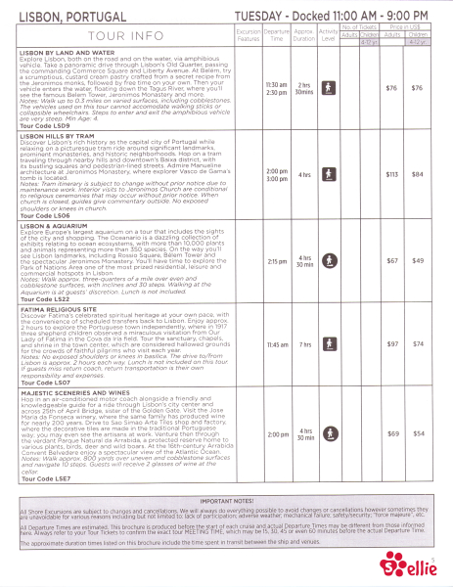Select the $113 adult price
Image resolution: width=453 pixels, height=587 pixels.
coord(393,174)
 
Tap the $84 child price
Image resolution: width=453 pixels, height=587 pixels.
coord(421,174)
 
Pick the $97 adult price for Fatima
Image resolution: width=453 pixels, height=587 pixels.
coord(393,344)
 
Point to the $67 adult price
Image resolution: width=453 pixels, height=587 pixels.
coord(393,261)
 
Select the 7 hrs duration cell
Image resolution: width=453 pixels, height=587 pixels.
coord(306,344)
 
